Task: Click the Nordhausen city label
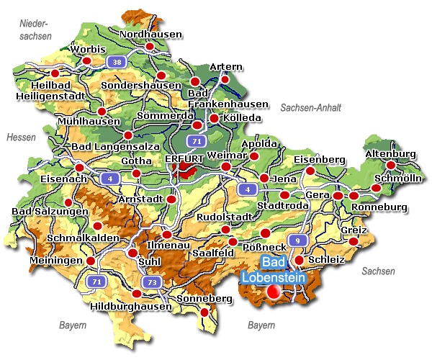click(150, 34)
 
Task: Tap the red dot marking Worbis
click(87, 61)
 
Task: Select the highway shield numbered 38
click(115, 62)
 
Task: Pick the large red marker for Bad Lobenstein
click(274, 292)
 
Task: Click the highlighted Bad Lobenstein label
click(273, 270)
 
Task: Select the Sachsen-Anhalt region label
click(310, 107)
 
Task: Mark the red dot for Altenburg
click(391, 165)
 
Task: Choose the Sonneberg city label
click(199, 297)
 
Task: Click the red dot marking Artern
click(225, 78)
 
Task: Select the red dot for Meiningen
click(91, 261)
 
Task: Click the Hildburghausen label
click(132, 306)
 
